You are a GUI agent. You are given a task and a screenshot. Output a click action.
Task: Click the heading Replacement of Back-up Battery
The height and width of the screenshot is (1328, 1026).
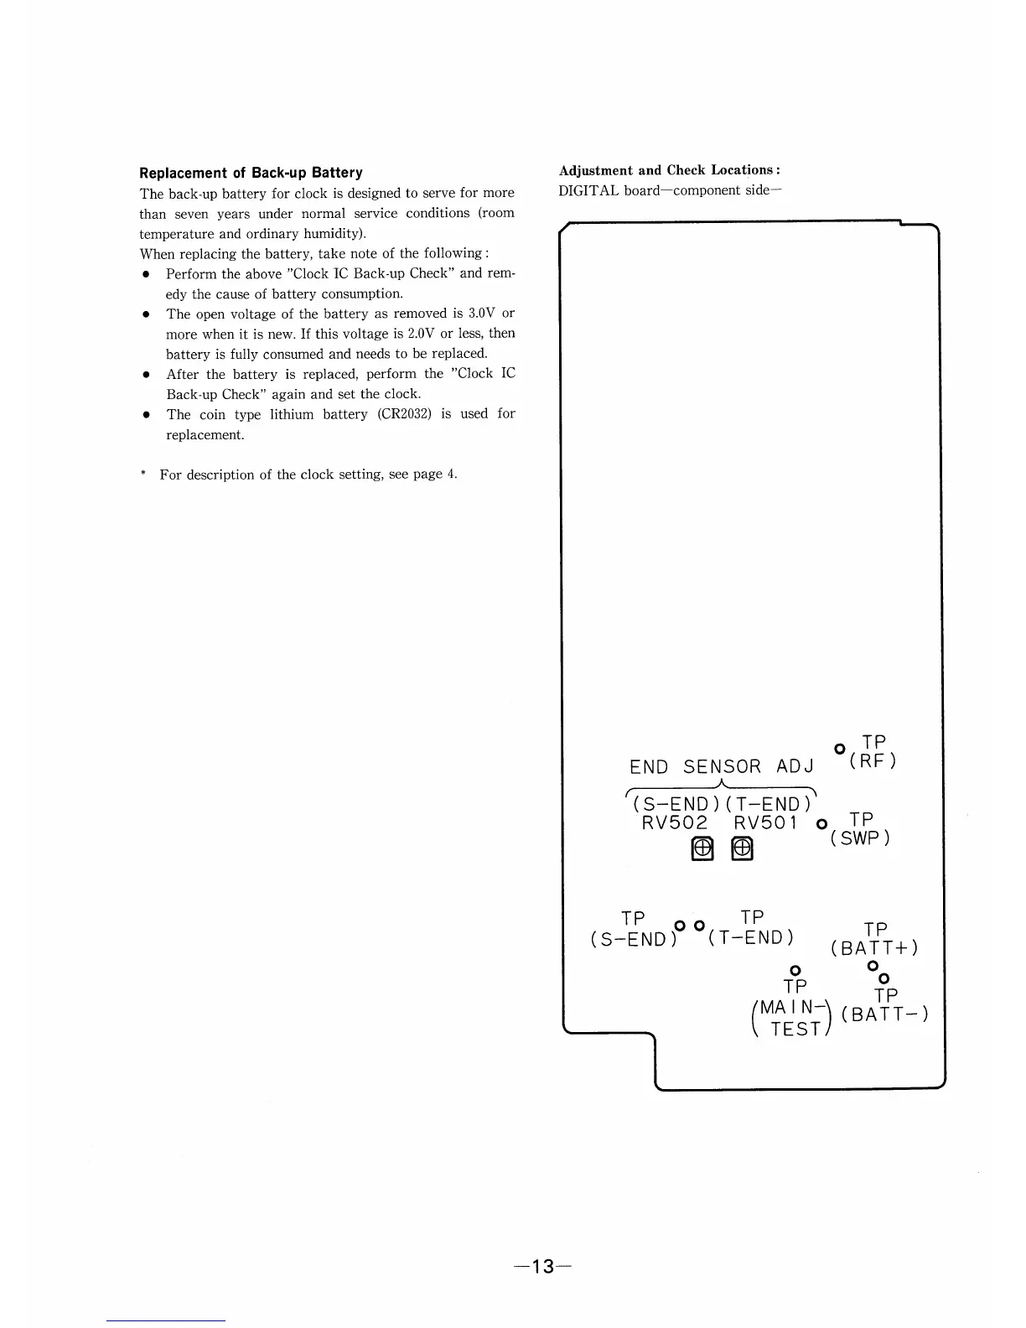251,173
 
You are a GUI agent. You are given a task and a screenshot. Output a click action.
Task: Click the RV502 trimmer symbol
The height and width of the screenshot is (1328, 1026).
702,850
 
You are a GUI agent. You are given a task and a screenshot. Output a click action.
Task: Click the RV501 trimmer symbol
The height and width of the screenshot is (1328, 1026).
743,850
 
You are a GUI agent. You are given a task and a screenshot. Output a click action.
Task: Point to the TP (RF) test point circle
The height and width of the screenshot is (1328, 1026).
838,748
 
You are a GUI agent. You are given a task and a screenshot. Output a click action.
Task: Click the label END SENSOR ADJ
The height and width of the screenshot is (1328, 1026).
722,767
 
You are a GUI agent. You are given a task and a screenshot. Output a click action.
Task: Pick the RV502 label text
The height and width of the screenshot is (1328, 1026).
675,823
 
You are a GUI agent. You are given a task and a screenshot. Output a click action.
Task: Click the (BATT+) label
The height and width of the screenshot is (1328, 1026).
874,948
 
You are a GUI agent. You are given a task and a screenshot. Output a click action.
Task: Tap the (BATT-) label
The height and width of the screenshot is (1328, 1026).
885,1014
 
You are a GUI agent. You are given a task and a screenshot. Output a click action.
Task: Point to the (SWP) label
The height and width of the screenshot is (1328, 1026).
860,838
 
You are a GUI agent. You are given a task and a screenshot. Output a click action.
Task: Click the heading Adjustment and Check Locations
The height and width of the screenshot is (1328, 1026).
671,170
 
